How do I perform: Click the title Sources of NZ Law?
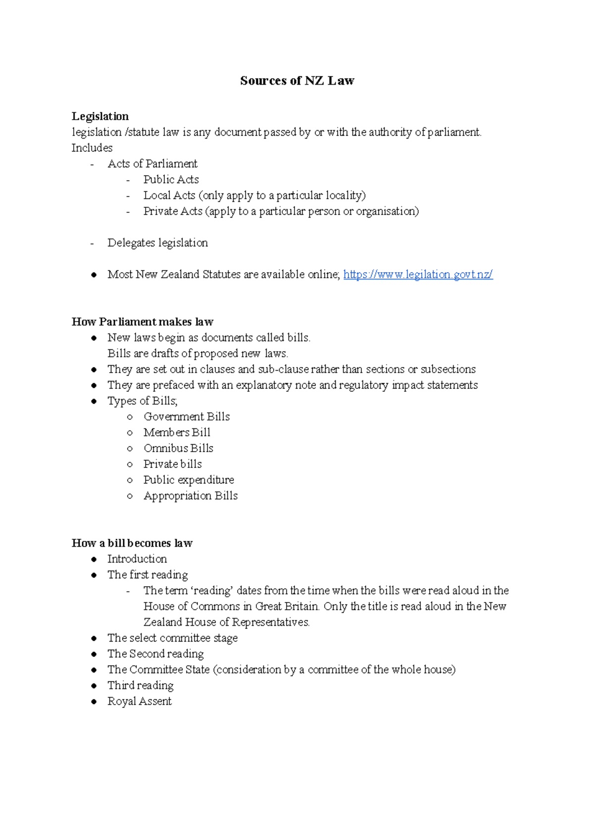point(297,81)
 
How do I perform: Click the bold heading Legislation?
point(100,116)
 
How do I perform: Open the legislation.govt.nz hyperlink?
point(418,275)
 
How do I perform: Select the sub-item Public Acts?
point(171,180)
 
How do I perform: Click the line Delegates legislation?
point(157,243)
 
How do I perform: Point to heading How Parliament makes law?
point(143,322)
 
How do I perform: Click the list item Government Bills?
point(187,417)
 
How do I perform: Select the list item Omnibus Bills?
point(178,448)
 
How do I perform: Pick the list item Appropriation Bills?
point(191,496)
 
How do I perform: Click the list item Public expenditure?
point(189,480)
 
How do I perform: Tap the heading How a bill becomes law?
point(132,543)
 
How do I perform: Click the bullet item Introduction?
point(137,559)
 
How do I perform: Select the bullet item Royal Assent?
point(140,701)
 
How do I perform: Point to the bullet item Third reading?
point(141,686)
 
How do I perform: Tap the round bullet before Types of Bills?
point(94,401)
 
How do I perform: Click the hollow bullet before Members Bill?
point(130,433)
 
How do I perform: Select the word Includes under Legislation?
point(92,148)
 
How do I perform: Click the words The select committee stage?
point(172,638)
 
